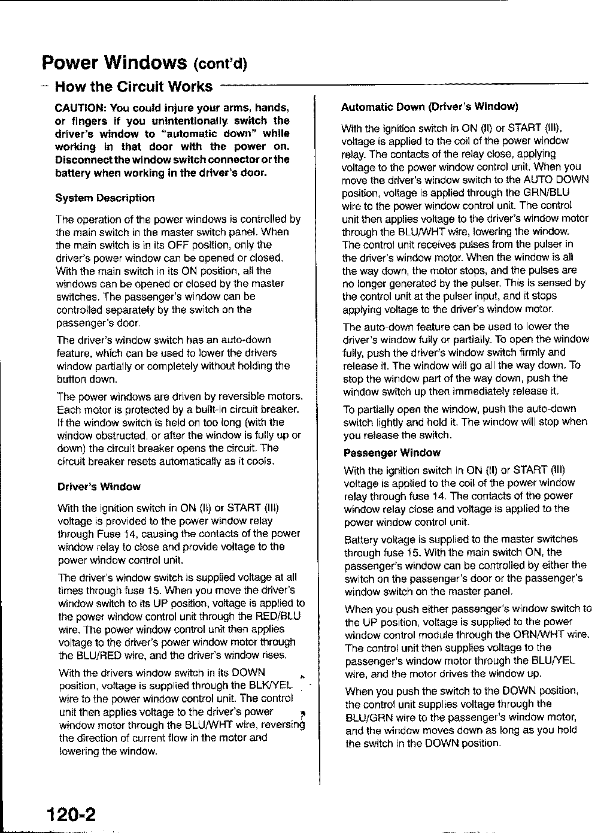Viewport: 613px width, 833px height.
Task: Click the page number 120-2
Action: point(69,814)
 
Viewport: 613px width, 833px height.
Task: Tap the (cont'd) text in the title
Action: point(221,63)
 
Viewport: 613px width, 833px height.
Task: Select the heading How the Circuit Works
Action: point(133,87)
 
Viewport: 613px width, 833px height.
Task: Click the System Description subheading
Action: point(105,198)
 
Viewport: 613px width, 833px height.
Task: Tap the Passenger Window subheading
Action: point(392,453)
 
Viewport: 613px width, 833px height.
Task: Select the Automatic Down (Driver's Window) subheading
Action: point(429,107)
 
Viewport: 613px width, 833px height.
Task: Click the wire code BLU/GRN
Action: point(369,717)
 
